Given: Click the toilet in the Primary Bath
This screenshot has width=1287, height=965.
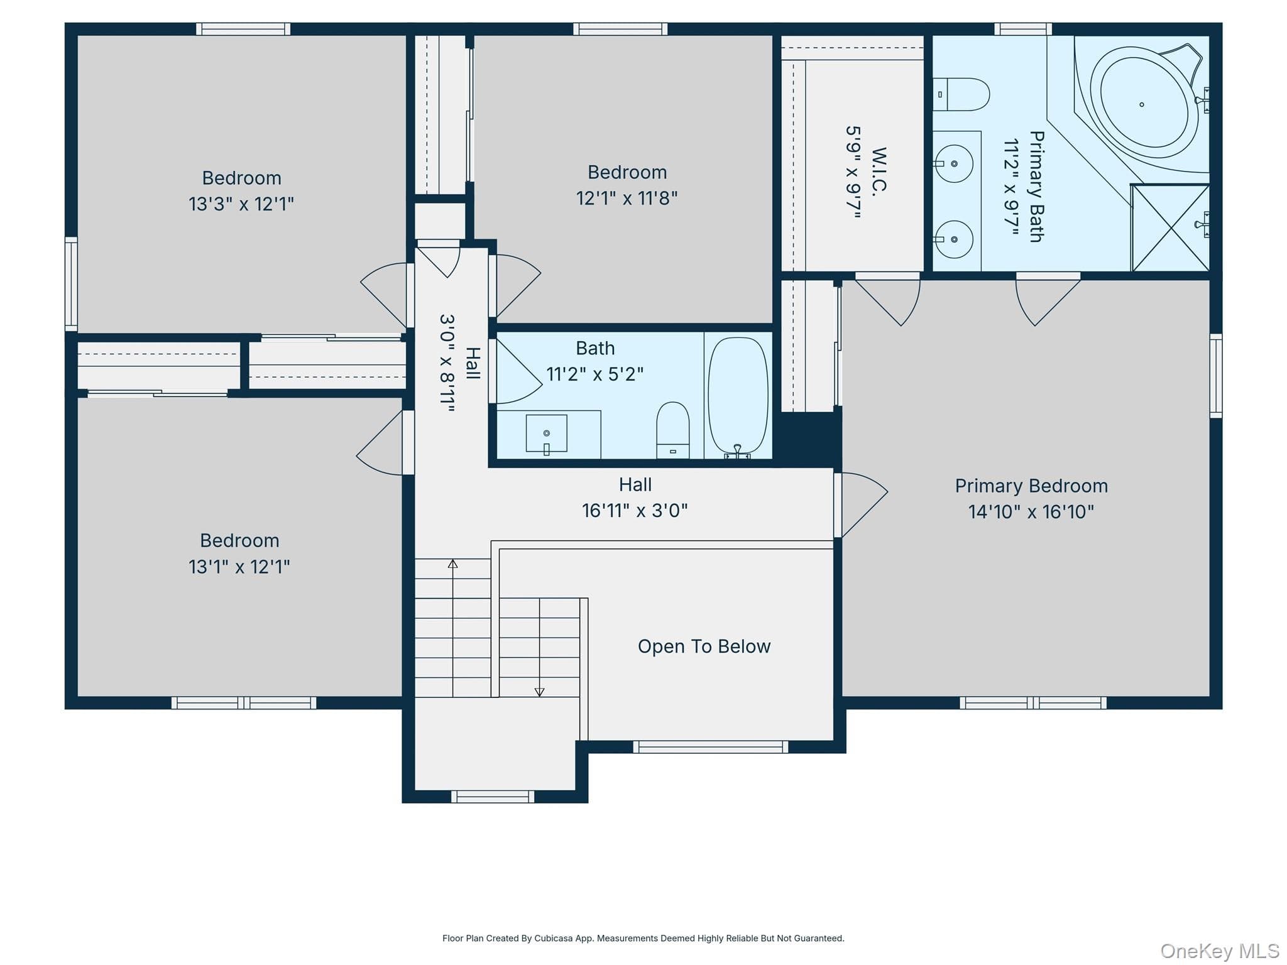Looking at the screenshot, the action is (x=961, y=94).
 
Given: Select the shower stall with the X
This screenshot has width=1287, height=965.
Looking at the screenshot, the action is (x=1170, y=227).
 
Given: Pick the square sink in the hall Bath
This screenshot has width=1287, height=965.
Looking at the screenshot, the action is (x=546, y=433).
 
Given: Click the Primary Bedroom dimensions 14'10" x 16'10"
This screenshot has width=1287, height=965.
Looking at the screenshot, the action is (x=1031, y=512).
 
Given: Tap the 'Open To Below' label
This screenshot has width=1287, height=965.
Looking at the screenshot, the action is (x=704, y=646).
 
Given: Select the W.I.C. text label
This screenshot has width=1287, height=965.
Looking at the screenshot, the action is (x=879, y=171).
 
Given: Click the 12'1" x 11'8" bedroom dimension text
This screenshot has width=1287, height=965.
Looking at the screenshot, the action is (x=627, y=199).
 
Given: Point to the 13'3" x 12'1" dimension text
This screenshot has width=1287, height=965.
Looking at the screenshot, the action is (x=241, y=204).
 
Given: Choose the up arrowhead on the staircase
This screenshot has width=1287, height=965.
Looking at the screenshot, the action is (x=452, y=564).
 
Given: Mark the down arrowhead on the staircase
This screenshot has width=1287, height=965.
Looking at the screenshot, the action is (x=539, y=692).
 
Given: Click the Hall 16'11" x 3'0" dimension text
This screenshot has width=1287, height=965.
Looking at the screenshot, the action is (x=635, y=511).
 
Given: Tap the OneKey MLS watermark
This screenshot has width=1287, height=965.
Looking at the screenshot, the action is (x=1220, y=951).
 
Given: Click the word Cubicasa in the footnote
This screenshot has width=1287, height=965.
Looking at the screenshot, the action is (x=554, y=938).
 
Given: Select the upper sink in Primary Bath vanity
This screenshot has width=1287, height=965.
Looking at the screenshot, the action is (x=954, y=163).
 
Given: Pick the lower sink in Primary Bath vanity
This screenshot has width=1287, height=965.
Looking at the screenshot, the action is (x=954, y=239).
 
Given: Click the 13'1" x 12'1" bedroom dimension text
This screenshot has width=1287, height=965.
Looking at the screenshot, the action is (x=239, y=567).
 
